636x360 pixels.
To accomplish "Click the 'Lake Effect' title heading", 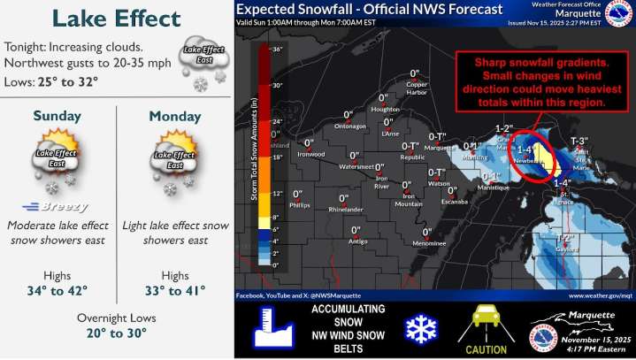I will (x=116, y=19).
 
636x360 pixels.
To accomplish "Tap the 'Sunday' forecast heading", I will (x=57, y=116).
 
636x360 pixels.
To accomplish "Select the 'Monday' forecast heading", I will (x=174, y=116).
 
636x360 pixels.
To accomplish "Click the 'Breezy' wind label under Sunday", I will (x=56, y=206).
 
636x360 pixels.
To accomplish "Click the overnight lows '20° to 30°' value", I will (x=115, y=333).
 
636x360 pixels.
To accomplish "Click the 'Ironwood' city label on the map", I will (x=310, y=154).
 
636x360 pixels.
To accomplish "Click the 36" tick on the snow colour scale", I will (x=275, y=50).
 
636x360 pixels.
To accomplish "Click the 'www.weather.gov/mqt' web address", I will (x=599, y=295).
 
